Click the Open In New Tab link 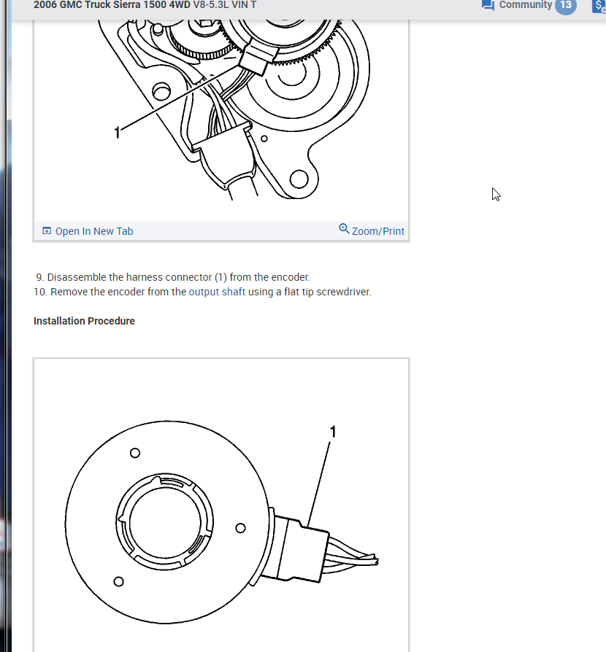(x=94, y=231)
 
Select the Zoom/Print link (x=377, y=231)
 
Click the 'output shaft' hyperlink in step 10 (x=217, y=292)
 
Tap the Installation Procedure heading (x=84, y=321)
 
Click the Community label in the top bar (x=525, y=5)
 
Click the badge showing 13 (x=565, y=5)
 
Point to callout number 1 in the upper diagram (x=117, y=132)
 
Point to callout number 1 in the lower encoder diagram (x=333, y=432)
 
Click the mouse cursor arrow (x=496, y=194)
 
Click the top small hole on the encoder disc (x=134, y=453)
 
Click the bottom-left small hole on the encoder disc (x=118, y=581)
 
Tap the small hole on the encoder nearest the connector (x=240, y=528)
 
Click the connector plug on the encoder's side (x=299, y=547)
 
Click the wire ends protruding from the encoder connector (x=365, y=561)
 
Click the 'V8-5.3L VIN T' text (x=224, y=5)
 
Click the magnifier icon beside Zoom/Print (x=344, y=229)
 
